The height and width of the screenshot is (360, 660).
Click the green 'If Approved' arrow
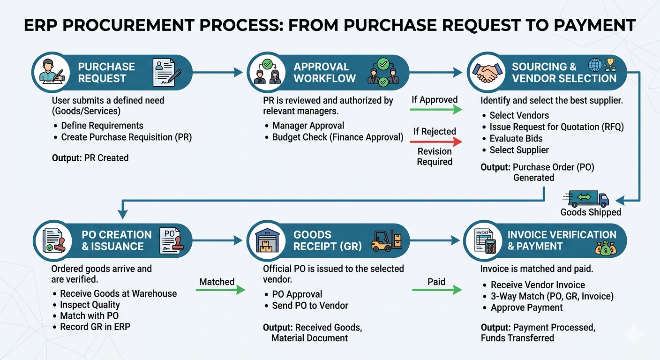435,110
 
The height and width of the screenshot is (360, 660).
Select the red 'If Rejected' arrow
435,142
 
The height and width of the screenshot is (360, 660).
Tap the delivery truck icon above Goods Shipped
588,198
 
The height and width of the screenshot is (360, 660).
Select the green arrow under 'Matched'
220,290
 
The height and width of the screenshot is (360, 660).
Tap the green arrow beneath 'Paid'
436,291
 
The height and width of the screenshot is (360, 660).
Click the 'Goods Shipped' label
591,212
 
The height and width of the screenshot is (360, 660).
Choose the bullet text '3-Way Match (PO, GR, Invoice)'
552,296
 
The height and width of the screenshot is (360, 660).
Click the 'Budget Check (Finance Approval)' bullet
337,137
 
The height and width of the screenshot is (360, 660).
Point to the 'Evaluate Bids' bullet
516,138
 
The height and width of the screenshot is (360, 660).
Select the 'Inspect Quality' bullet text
90,305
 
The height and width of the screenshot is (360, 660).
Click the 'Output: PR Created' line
90,158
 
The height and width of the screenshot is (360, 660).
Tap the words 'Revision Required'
435,157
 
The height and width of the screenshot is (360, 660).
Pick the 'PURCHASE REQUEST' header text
106,72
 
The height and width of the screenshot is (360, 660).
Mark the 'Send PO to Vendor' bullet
310,306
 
